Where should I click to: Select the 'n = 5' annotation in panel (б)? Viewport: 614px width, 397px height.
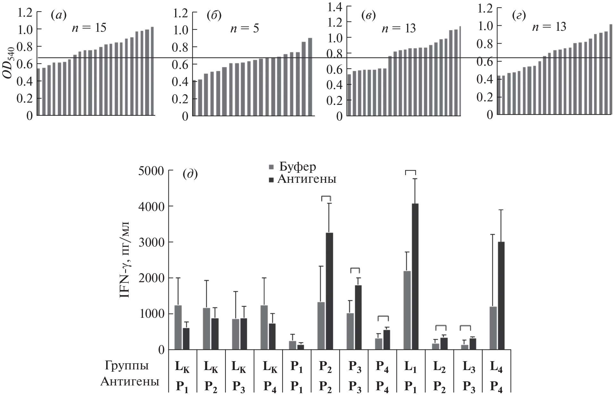(x=244, y=28)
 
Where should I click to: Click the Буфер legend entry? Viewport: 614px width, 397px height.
(x=292, y=167)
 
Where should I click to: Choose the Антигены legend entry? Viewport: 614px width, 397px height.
(x=302, y=179)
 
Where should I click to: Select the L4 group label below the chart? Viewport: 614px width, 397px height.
(x=496, y=367)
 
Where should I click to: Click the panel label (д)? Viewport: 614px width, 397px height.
(x=190, y=175)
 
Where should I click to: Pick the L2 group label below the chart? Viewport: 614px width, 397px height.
(x=439, y=367)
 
